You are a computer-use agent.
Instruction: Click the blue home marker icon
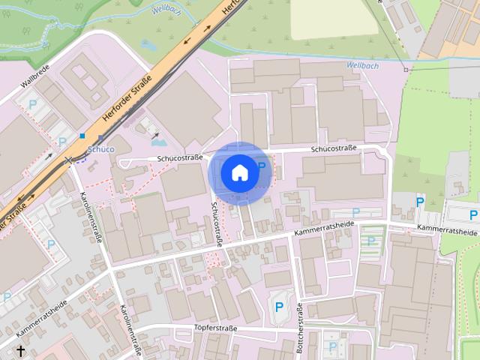pos(240,172)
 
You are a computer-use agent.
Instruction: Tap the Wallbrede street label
pos(35,79)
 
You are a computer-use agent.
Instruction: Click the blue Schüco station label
pos(100,149)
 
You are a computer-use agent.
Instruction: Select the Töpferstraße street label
pos(215,328)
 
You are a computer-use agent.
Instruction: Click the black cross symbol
pos(21,350)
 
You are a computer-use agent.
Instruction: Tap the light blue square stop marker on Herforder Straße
pos(82,136)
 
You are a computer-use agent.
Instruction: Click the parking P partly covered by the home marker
pos(262,166)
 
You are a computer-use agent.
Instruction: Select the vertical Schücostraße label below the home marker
pos(216,223)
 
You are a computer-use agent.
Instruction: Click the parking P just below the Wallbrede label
pos(32,106)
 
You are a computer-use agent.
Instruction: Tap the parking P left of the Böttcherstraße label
pos(280,306)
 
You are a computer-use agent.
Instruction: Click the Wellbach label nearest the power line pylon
pos(363,65)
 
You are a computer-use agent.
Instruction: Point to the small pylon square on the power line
pos(406,70)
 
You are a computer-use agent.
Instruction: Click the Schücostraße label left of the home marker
pos(180,158)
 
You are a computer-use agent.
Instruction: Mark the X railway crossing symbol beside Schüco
pos(69,160)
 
